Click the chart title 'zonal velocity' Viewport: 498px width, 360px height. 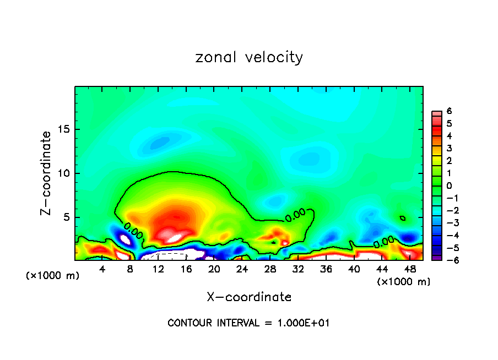[x=249, y=57]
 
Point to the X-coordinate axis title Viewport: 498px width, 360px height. [x=249, y=297]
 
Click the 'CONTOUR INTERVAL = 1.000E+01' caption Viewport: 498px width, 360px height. [x=248, y=323]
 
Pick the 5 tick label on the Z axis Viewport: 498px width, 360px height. [x=65, y=217]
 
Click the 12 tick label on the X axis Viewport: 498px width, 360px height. [x=158, y=269]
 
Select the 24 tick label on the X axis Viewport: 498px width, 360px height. [x=242, y=269]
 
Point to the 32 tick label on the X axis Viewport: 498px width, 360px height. [x=298, y=269]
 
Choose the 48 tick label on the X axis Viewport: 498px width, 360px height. [x=409, y=269]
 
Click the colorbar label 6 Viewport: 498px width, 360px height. [x=449, y=111]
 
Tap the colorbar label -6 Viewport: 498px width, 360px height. [x=447, y=260]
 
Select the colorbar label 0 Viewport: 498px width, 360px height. [x=449, y=186]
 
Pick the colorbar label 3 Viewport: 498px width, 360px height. [x=449, y=148]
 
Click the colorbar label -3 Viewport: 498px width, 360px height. [x=447, y=222]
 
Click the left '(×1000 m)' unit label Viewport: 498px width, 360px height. [x=53, y=276]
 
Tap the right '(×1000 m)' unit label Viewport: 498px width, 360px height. [x=403, y=282]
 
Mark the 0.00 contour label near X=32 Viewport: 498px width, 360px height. [x=295, y=215]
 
